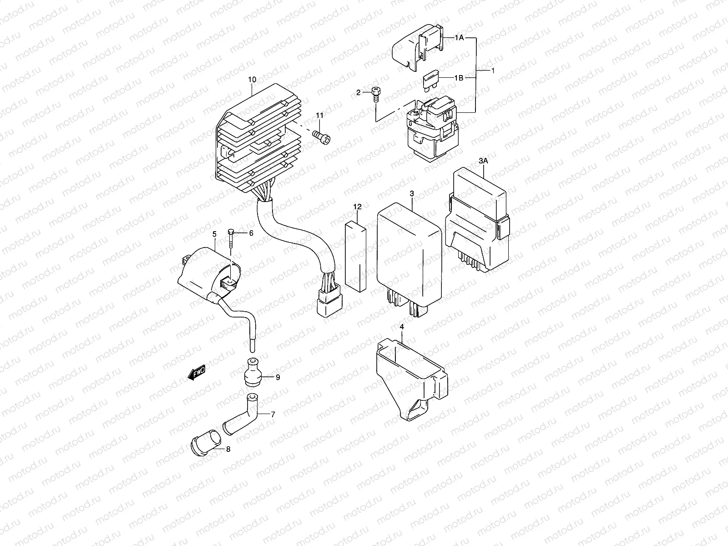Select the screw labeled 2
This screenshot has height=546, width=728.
click(x=376, y=95)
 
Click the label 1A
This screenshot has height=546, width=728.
click(x=459, y=38)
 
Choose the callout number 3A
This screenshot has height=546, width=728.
click(x=483, y=161)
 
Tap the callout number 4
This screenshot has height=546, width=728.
click(x=401, y=327)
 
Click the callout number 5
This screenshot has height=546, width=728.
click(x=214, y=234)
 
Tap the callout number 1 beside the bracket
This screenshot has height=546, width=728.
click(x=493, y=71)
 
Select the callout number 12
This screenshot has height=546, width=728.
click(x=357, y=207)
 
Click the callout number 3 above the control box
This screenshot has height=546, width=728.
click(x=412, y=193)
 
